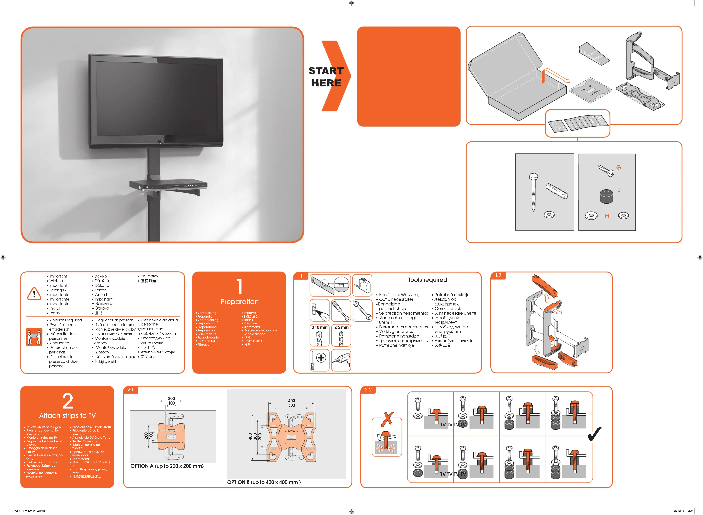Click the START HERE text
[x=326, y=77]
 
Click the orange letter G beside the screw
[x=619, y=167]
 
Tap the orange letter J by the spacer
[x=619, y=190]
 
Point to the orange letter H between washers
[x=607, y=216]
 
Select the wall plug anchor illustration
[x=557, y=191]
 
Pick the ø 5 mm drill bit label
[x=341, y=327]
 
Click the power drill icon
[x=341, y=360]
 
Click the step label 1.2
[x=498, y=275]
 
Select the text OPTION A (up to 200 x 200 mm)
[x=167, y=466]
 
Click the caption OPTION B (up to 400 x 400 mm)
[x=264, y=482]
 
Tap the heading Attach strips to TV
[x=68, y=416]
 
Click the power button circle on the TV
[x=159, y=142]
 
